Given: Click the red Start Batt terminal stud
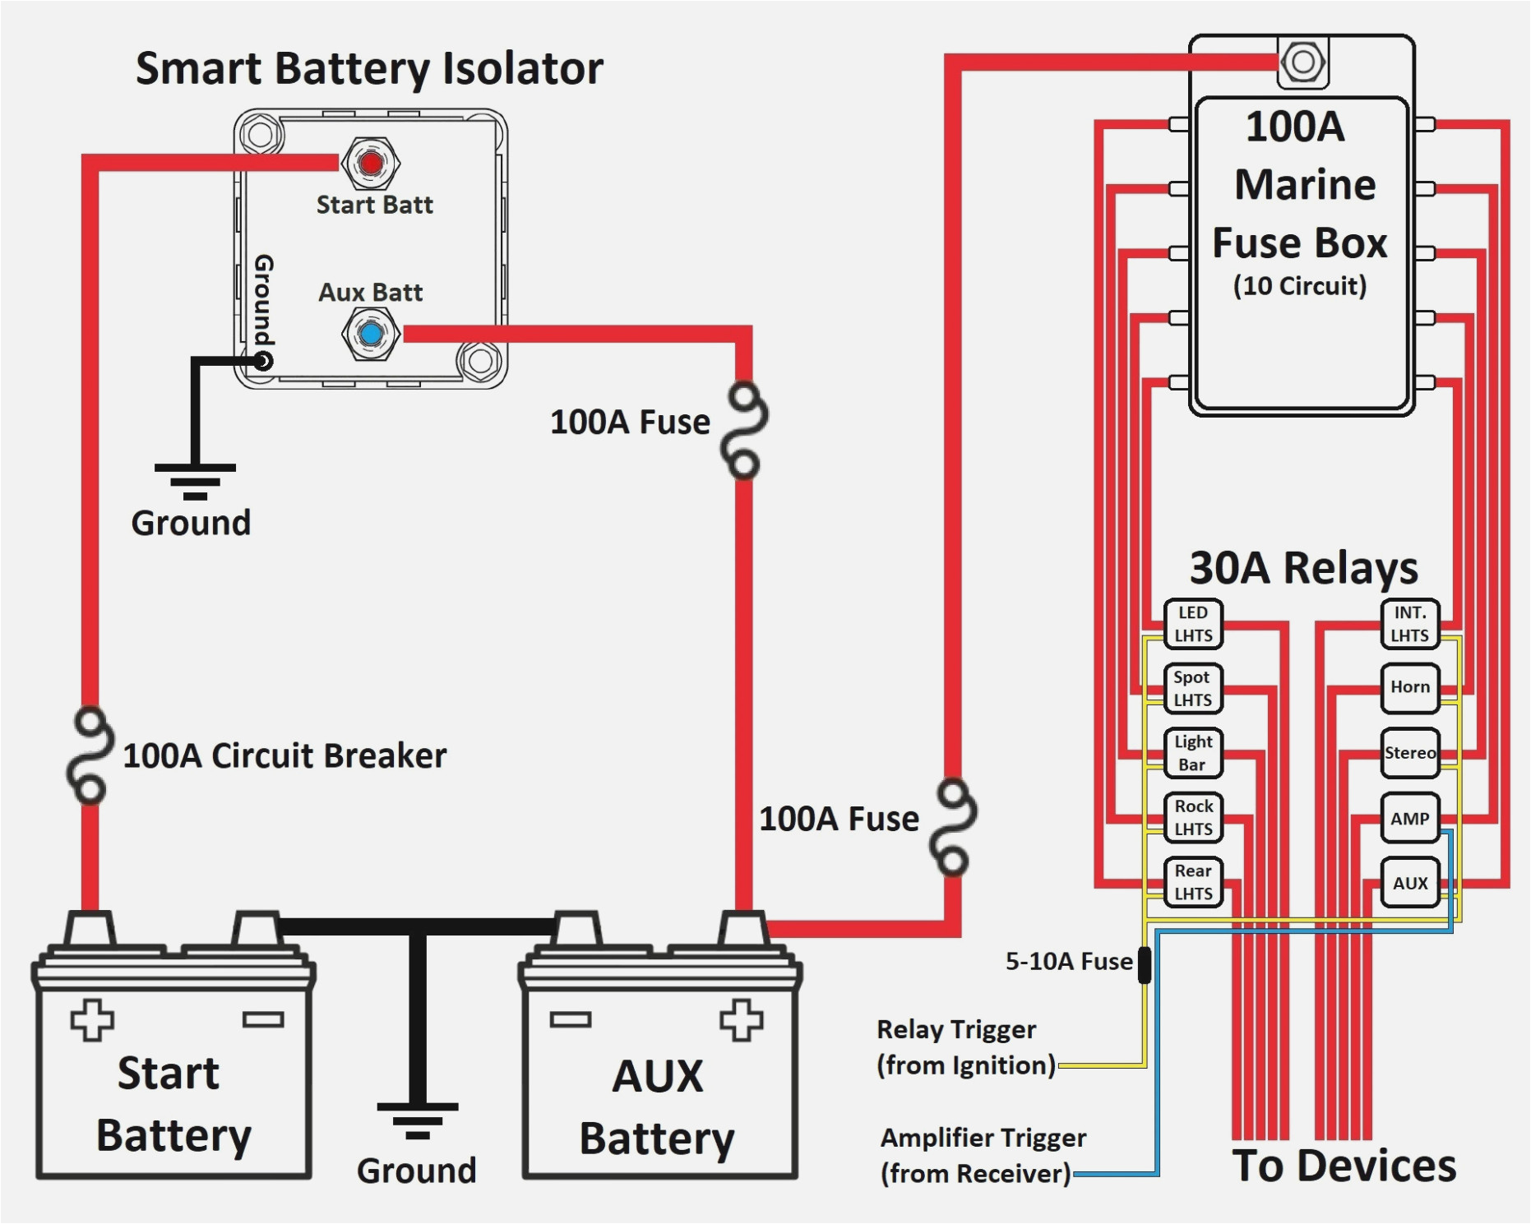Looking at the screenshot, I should click(371, 163).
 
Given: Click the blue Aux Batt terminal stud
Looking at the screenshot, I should click(371, 334).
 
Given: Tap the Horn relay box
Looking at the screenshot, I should click(1409, 687).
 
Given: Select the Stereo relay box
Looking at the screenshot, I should click(1409, 752).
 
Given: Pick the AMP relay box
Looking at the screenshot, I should click(1409, 818).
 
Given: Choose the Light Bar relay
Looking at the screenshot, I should click(1193, 752).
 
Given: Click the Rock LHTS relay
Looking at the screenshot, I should click(1193, 817).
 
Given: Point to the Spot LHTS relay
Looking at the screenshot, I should click(1193, 688).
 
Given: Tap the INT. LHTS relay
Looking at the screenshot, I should click(1409, 624).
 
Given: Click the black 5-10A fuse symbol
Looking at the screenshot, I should click(1144, 964).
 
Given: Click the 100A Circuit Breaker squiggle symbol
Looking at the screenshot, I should click(90, 755).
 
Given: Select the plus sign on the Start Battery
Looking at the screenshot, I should click(91, 1020).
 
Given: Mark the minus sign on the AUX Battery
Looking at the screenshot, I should click(571, 1019).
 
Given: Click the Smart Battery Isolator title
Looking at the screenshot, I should click(369, 68).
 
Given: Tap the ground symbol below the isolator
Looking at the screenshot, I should click(195, 481).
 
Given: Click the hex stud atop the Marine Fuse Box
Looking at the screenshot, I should click(1302, 62).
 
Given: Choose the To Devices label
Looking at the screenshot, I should click(1344, 1166).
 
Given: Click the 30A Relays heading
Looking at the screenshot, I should click(1303, 568).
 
